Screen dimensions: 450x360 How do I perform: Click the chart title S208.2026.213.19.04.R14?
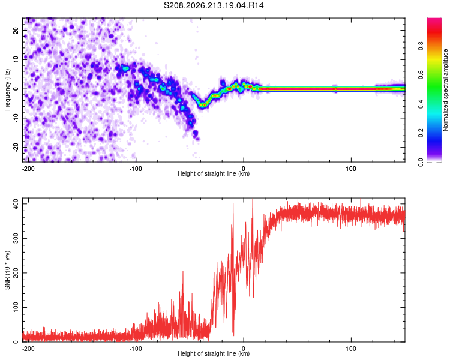(x=214, y=5)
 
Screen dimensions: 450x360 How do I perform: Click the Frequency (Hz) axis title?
(x=7, y=89)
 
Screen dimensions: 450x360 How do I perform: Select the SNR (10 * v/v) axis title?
(x=7, y=270)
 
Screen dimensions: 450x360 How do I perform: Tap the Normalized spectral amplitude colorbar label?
(x=445, y=90)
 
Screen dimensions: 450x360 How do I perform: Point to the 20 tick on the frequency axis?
(x=16, y=30)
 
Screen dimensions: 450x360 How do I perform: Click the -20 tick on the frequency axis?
(x=16, y=148)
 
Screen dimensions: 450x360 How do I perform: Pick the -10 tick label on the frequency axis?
(x=16, y=118)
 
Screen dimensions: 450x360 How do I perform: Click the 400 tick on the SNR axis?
(x=16, y=204)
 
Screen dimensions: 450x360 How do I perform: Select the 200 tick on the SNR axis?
(x=16, y=273)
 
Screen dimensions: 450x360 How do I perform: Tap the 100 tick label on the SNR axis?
(x=16, y=307)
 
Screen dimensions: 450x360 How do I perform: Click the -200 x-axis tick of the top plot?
(x=28, y=169)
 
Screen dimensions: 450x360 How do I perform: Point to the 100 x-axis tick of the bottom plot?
(x=351, y=349)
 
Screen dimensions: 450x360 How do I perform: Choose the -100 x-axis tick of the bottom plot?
(x=136, y=349)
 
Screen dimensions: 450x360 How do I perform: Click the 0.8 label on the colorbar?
(x=421, y=46)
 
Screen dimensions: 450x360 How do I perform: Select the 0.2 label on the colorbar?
(x=421, y=133)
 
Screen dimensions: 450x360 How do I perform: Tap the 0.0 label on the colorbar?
(x=421, y=162)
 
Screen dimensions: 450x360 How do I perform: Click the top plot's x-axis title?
(x=214, y=173)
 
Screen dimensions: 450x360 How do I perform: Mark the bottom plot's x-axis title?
(x=214, y=353)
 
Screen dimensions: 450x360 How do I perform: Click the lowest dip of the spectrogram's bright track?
(x=203, y=105)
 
